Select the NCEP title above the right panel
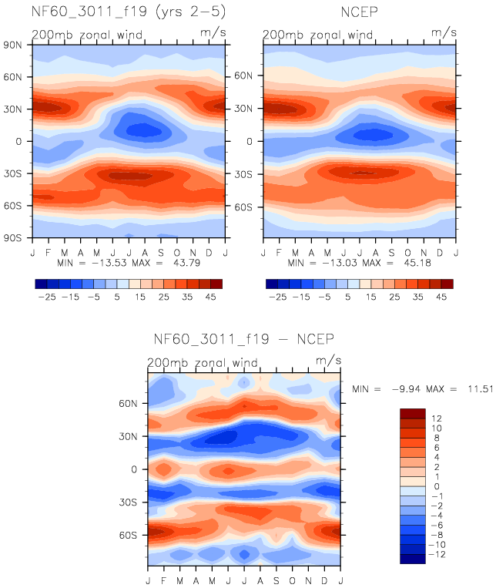[x=359, y=12]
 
